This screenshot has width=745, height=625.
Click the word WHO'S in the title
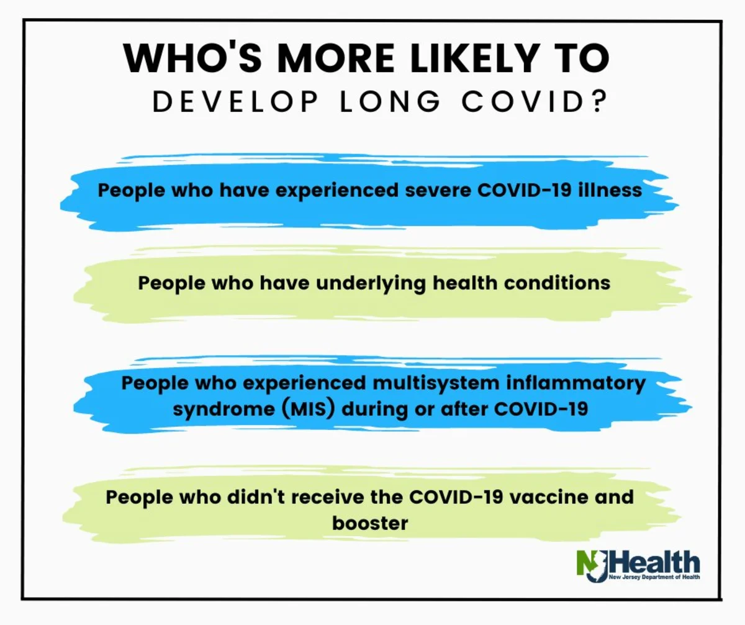pos(193,58)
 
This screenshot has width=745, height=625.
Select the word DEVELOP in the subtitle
pos(235,102)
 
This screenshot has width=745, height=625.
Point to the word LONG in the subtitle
pos(391,102)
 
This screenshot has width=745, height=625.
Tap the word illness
pos(610,189)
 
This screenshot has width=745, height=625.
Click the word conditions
pos(557,283)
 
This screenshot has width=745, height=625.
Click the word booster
pos(370,523)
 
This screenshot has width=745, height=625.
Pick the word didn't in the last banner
pos(256,497)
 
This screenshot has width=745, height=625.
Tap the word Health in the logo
pos(653,562)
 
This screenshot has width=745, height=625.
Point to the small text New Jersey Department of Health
pos(654,577)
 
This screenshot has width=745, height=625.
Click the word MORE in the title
pos(336,58)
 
